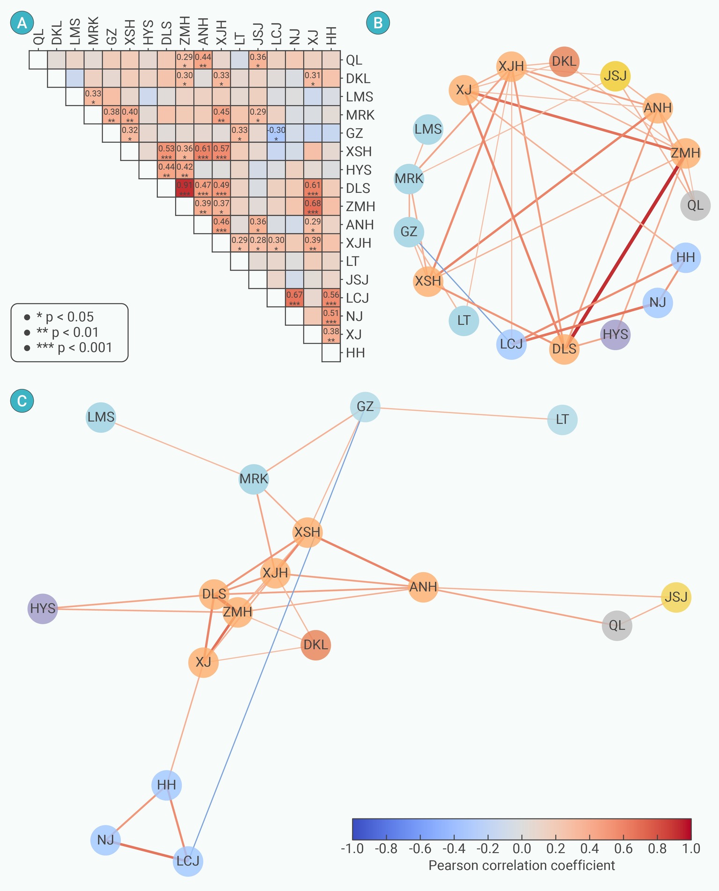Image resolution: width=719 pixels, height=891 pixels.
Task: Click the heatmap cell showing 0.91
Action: tap(184, 188)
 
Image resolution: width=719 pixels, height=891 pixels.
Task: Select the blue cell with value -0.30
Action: tap(276, 133)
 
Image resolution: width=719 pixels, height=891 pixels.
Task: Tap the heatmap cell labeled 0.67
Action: tap(294, 298)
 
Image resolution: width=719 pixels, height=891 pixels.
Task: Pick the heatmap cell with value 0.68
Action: tap(313, 206)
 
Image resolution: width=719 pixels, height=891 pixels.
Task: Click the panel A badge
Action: tap(22, 23)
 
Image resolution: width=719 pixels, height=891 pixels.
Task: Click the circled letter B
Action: tap(378, 23)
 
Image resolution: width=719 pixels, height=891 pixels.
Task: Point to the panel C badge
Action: tap(22, 401)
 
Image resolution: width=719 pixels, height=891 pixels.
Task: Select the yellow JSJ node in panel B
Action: tap(616, 76)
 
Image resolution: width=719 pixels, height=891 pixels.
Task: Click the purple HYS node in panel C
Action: tap(43, 608)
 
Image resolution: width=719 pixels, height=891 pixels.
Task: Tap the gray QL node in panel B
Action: tap(695, 205)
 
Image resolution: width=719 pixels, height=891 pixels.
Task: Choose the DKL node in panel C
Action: tap(315, 645)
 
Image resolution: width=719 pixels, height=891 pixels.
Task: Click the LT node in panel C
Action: tap(562, 419)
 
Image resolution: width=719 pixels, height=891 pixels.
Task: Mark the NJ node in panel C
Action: tap(105, 840)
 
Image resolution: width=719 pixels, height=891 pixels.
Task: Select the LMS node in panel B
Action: tap(428, 129)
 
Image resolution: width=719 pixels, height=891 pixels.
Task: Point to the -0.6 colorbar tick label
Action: tap(419, 848)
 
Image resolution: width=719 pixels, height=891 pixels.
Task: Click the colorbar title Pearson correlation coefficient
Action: tap(521, 865)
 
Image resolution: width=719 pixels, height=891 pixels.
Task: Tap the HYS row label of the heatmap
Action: tap(359, 170)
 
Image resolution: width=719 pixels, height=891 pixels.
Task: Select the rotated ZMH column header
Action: tap(185, 31)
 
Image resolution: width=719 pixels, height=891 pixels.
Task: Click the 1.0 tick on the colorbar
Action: tap(691, 848)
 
